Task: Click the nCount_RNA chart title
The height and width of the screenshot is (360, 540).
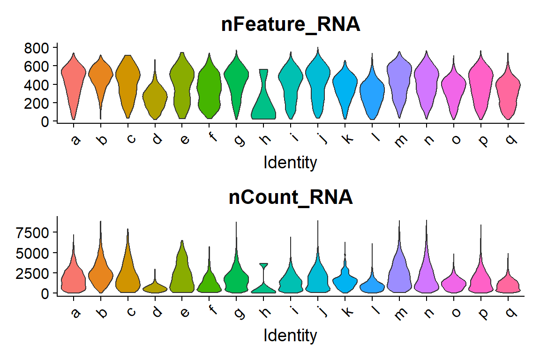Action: coord(291,197)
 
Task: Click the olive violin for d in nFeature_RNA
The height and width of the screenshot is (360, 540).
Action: coord(155,98)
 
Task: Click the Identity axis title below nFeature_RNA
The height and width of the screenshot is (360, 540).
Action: coord(291,163)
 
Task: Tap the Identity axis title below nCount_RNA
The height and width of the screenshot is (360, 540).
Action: coord(291,336)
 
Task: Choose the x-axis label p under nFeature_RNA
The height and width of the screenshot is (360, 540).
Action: coord(481,139)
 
